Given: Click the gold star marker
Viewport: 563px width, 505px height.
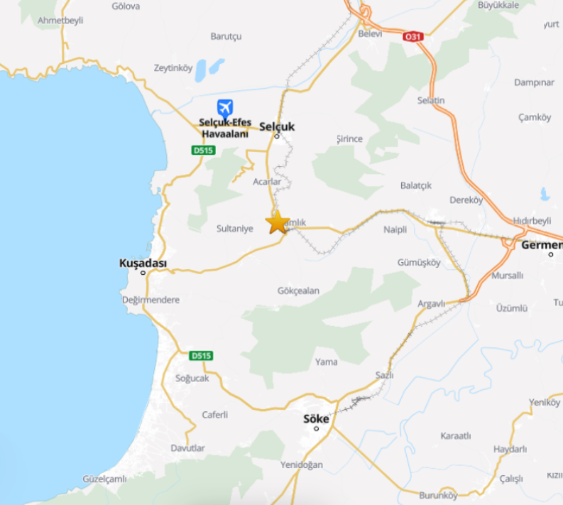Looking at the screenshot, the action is click(x=278, y=222).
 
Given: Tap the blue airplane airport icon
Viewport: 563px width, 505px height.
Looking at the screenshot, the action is click(x=225, y=108).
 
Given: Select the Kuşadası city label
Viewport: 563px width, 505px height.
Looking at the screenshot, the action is click(x=143, y=264).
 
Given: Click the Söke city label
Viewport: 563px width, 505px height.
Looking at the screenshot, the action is click(x=316, y=418).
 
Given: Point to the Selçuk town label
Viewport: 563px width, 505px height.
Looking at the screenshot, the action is click(x=277, y=126).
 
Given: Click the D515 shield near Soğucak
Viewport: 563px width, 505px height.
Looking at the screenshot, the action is click(x=202, y=355).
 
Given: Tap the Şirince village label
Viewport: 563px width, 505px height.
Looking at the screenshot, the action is click(x=349, y=139).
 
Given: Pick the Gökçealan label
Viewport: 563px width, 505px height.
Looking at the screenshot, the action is click(x=299, y=290).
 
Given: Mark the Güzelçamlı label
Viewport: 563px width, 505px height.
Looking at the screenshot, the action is click(x=105, y=479).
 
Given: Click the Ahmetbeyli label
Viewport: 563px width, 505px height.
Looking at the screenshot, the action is click(x=60, y=20).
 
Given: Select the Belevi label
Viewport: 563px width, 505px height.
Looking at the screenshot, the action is click(x=370, y=33).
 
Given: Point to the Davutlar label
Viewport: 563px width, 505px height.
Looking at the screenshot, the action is click(x=187, y=448).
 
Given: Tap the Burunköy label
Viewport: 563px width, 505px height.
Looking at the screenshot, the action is click(x=438, y=495).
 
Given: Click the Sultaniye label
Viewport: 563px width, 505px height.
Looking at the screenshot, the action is click(x=234, y=229).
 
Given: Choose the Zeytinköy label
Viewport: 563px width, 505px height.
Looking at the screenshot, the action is click(x=173, y=68).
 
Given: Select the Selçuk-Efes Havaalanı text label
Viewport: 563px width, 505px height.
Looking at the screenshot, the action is click(x=224, y=128).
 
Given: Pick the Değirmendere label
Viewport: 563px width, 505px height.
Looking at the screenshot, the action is click(x=151, y=300).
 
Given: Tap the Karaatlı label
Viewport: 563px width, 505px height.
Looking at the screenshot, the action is click(x=456, y=435).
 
